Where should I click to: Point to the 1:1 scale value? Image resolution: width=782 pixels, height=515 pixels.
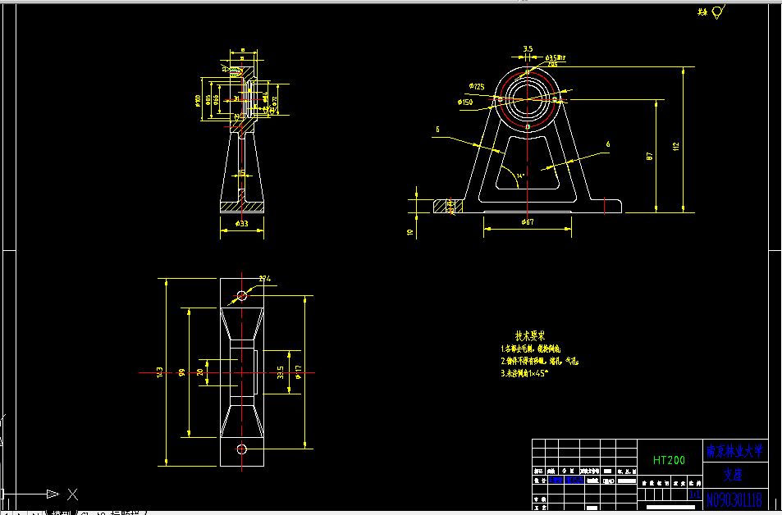pos(694,494)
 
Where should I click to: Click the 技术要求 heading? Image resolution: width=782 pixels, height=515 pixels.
pos(530,336)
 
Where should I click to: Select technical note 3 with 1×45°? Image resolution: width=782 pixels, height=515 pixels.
pos(525,373)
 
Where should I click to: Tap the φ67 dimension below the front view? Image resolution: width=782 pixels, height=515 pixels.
pos(528,222)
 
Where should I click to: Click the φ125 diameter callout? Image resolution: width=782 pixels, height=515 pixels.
pos(477,86)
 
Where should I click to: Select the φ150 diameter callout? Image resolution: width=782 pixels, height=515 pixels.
pos(465,103)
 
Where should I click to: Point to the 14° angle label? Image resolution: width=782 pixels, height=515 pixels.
pos(519,175)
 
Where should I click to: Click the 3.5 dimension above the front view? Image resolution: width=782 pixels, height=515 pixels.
pos(528,49)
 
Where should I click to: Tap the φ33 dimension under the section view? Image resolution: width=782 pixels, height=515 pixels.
pos(241,224)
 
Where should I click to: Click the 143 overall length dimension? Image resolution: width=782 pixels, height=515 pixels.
pos(159,371)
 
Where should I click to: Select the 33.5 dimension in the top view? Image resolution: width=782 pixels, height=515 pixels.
pos(281,371)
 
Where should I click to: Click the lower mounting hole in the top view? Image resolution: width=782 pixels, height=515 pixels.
pos(242,448)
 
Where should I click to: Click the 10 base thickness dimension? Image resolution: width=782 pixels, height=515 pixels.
pos(409,232)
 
